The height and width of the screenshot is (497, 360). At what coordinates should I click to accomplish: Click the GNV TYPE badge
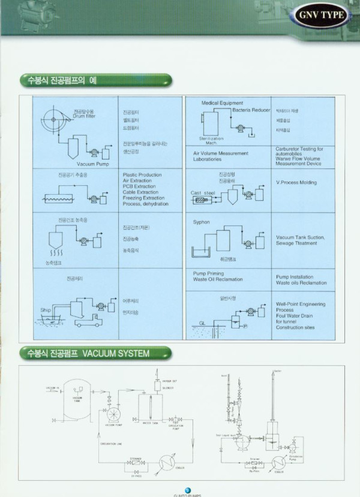(x=321, y=15)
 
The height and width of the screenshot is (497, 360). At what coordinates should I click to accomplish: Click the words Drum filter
(x=83, y=116)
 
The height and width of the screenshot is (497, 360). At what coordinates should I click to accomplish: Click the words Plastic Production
(x=142, y=175)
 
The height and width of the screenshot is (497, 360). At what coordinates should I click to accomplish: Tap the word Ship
(x=46, y=310)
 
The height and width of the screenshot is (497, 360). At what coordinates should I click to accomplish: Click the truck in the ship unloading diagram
(x=88, y=321)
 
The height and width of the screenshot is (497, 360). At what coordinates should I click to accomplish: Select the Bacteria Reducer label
(x=251, y=110)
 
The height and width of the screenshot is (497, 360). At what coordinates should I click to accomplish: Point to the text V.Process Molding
(x=296, y=182)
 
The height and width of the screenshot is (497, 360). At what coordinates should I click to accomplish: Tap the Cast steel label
(x=203, y=193)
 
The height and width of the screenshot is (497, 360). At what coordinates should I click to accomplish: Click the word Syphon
(x=202, y=222)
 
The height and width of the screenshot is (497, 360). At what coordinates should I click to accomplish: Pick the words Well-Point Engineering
(x=301, y=304)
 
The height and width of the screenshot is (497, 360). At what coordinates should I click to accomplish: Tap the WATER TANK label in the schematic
(x=150, y=424)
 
